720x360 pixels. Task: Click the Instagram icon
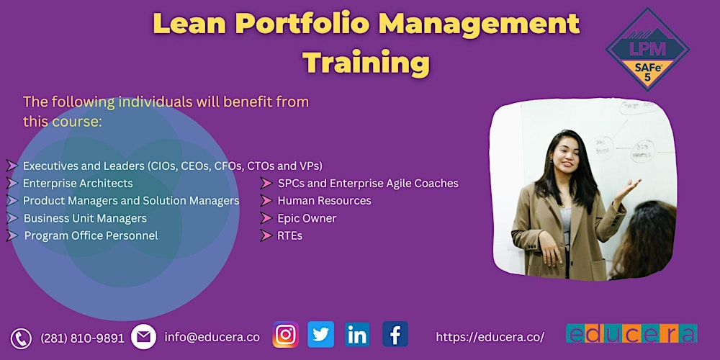pos(286,335)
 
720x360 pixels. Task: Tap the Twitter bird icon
pos(321,335)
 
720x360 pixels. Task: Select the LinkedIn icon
pos(357,335)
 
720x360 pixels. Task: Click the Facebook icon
pos(395,335)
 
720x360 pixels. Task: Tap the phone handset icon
pos(21,338)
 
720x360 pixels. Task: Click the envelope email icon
pos(144,337)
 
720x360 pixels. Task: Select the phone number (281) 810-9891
pos(83,338)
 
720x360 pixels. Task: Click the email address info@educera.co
pos(212,336)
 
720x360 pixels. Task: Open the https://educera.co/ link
pos(490,337)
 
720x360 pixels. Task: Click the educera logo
pos(631,333)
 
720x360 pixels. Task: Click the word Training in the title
pos(366,63)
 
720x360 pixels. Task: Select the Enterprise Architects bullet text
pos(78,184)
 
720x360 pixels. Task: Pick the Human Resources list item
pos(324,201)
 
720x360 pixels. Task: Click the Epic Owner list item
pos(307,218)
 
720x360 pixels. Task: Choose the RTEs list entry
pos(289,235)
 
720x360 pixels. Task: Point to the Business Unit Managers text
pos(85,218)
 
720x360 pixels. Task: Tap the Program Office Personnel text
pos(91,235)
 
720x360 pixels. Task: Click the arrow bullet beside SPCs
pos(266,184)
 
